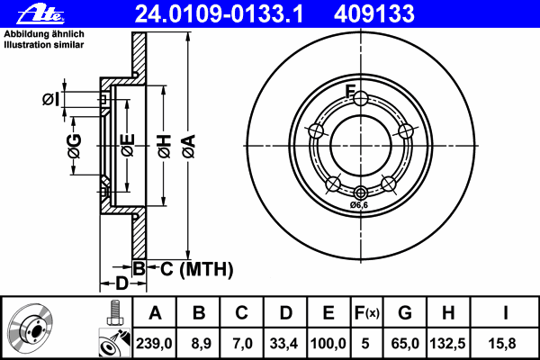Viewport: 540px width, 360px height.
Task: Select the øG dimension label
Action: (x=75, y=144)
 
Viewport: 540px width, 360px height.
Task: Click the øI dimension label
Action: (x=51, y=98)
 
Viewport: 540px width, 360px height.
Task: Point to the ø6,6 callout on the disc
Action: (x=360, y=206)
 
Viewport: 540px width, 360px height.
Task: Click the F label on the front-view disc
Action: (x=352, y=89)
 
